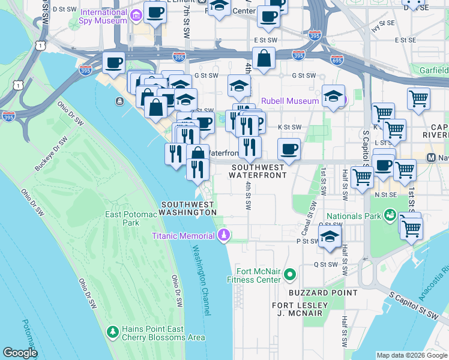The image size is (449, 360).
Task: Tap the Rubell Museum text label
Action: tap(289, 101)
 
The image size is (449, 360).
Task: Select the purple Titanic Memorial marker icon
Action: tap(224, 235)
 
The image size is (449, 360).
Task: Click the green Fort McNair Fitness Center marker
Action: tap(291, 275)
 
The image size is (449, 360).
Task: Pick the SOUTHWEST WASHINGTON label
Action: tap(188, 208)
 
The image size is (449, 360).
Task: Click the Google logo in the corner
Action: tap(19, 352)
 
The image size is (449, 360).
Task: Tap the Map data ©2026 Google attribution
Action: tap(411, 355)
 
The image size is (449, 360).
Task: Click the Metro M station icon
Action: tap(430, 158)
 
